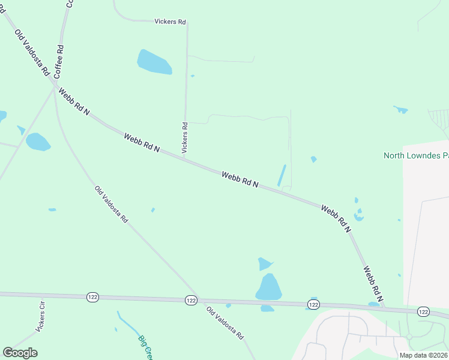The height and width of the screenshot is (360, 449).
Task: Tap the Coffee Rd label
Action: [x=59, y=62]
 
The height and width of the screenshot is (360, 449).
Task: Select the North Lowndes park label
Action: [x=416, y=156]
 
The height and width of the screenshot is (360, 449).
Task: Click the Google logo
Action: [x=20, y=353]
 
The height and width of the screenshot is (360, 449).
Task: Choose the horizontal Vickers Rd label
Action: [x=170, y=22]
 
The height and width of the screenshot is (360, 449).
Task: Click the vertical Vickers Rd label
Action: [x=185, y=137]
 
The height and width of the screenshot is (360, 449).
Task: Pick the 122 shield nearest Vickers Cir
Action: [x=92, y=296]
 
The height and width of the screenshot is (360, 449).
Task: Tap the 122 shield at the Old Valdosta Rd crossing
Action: [x=191, y=300]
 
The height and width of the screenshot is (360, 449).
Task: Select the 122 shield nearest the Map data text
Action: [x=423, y=311]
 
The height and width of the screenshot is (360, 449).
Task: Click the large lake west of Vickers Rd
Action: [x=154, y=62]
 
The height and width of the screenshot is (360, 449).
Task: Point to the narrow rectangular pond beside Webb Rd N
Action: [x=281, y=175]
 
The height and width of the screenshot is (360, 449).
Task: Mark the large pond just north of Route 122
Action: [x=269, y=287]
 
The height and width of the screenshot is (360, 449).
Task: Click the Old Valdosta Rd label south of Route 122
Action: [x=224, y=324]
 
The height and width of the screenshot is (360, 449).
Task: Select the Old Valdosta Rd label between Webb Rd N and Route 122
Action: [x=111, y=204]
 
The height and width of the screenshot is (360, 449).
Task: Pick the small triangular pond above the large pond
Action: [x=264, y=263]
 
